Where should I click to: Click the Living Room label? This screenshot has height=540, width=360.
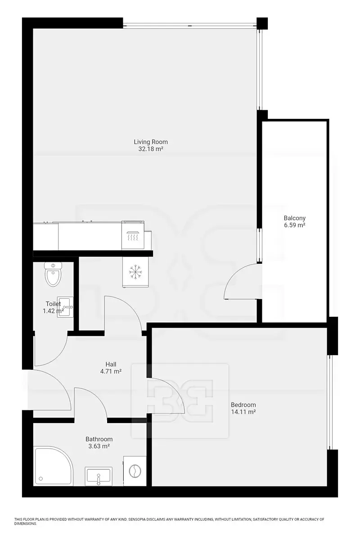pos(150,142)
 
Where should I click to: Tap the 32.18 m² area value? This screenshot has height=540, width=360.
pos(150,149)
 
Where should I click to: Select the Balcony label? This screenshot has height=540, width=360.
pos(294,218)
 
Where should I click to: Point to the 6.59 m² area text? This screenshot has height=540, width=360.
pos(295,225)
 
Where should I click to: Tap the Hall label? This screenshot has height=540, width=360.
pos(111,364)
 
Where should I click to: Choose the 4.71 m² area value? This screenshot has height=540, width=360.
pos(111,371)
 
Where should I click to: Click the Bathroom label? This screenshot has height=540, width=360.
pos(99,439)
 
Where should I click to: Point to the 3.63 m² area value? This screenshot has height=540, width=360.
pos(99,446)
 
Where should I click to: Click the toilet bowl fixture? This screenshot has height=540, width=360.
pos(53,274)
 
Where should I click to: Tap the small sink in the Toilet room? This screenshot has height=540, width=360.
pos(65,307)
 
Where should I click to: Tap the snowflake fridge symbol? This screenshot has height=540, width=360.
pos(135,272)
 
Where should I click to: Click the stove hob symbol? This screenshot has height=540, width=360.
pos(133,235)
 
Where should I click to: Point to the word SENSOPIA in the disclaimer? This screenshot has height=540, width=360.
pos(137,519)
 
